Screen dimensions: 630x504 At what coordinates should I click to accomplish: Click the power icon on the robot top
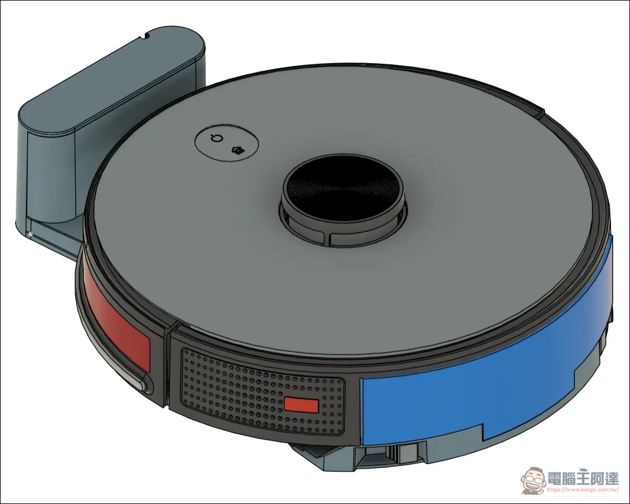217,139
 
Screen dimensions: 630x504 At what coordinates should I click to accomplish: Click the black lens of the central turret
343,188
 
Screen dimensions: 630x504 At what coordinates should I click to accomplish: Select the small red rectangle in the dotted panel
301,404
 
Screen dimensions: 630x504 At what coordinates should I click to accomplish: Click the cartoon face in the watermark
533,481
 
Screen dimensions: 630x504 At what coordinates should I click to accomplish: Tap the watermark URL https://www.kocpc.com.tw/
583,490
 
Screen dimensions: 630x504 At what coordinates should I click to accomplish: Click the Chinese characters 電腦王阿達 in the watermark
583,479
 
